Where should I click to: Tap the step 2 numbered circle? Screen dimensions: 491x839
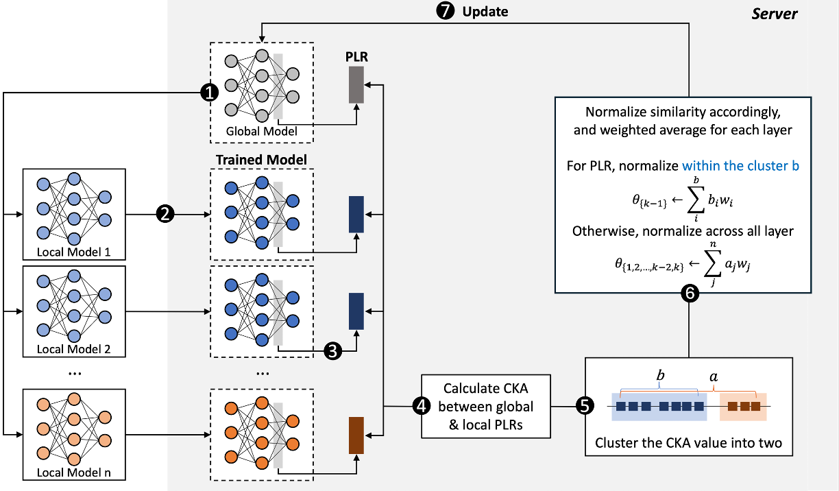(x=165, y=214)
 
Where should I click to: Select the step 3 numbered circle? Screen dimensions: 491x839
(x=332, y=351)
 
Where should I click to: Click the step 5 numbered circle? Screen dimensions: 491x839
(x=585, y=406)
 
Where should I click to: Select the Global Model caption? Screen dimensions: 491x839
(x=262, y=132)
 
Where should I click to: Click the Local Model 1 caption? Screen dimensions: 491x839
(x=73, y=252)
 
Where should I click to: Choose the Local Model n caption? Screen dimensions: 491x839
(x=73, y=471)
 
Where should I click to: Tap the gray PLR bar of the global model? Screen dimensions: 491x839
(x=356, y=86)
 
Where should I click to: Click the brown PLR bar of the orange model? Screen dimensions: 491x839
(x=356, y=435)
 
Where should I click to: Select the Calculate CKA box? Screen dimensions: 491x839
(x=487, y=406)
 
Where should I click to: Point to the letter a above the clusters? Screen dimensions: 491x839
(x=714, y=377)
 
